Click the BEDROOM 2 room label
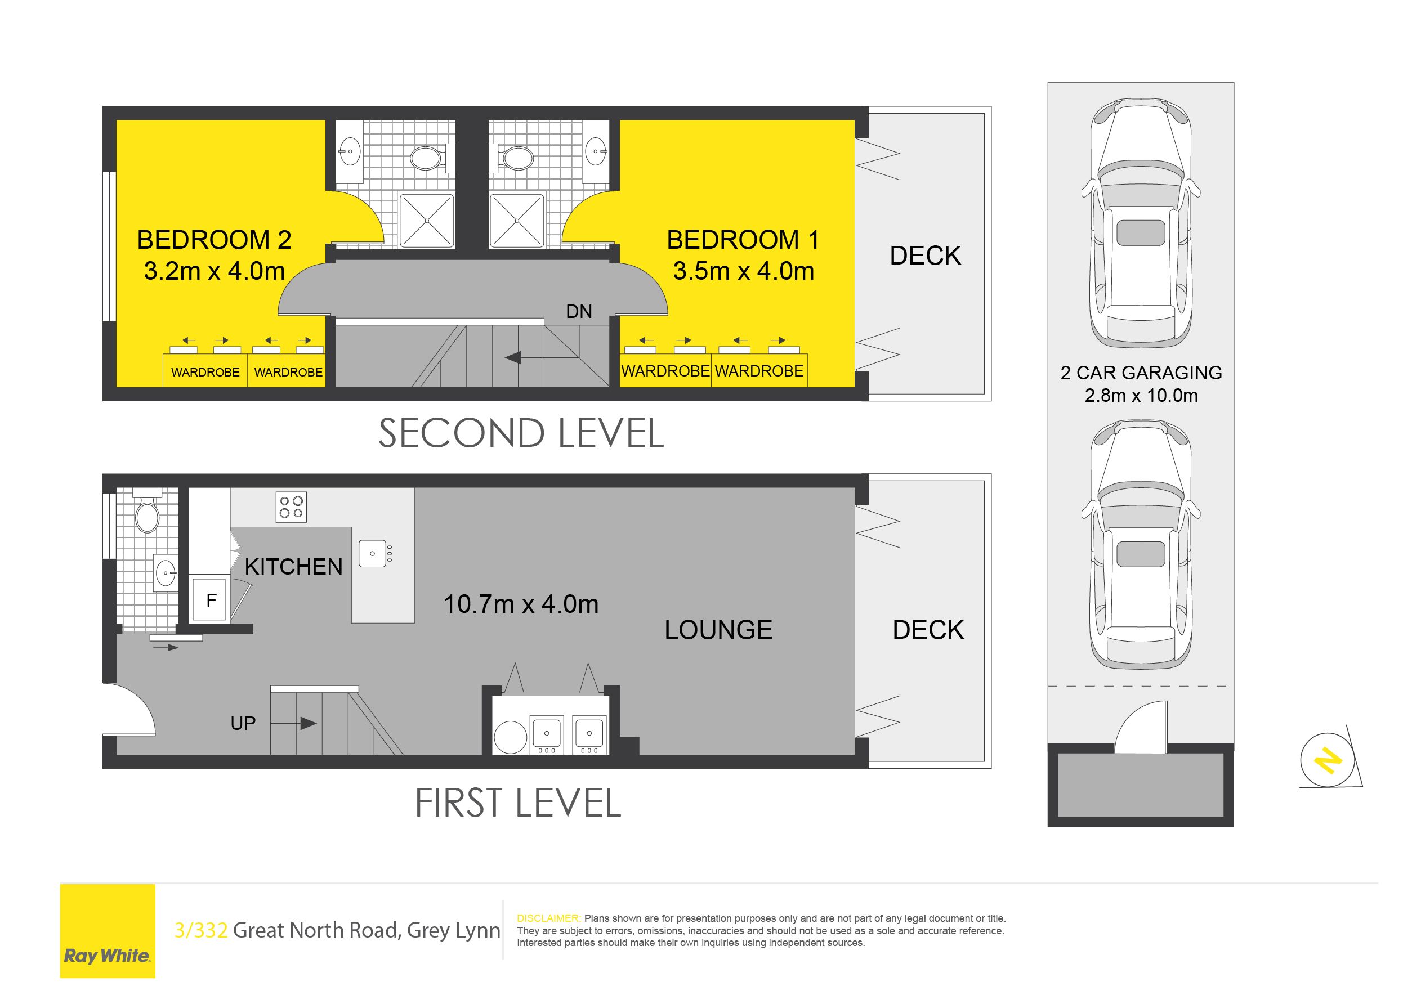tap(214, 240)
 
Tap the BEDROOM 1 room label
tap(743, 240)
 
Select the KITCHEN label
tap(293, 567)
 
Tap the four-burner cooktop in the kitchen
tap(291, 507)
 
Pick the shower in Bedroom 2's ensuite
tap(427, 220)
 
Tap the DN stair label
tap(579, 312)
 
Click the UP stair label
tap(243, 723)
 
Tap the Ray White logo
tap(108, 930)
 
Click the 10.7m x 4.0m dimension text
tap(521, 604)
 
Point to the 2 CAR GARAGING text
tap(1141, 373)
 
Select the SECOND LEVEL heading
tap(521, 433)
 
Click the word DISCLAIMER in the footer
tap(548, 918)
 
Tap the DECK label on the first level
tap(928, 630)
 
